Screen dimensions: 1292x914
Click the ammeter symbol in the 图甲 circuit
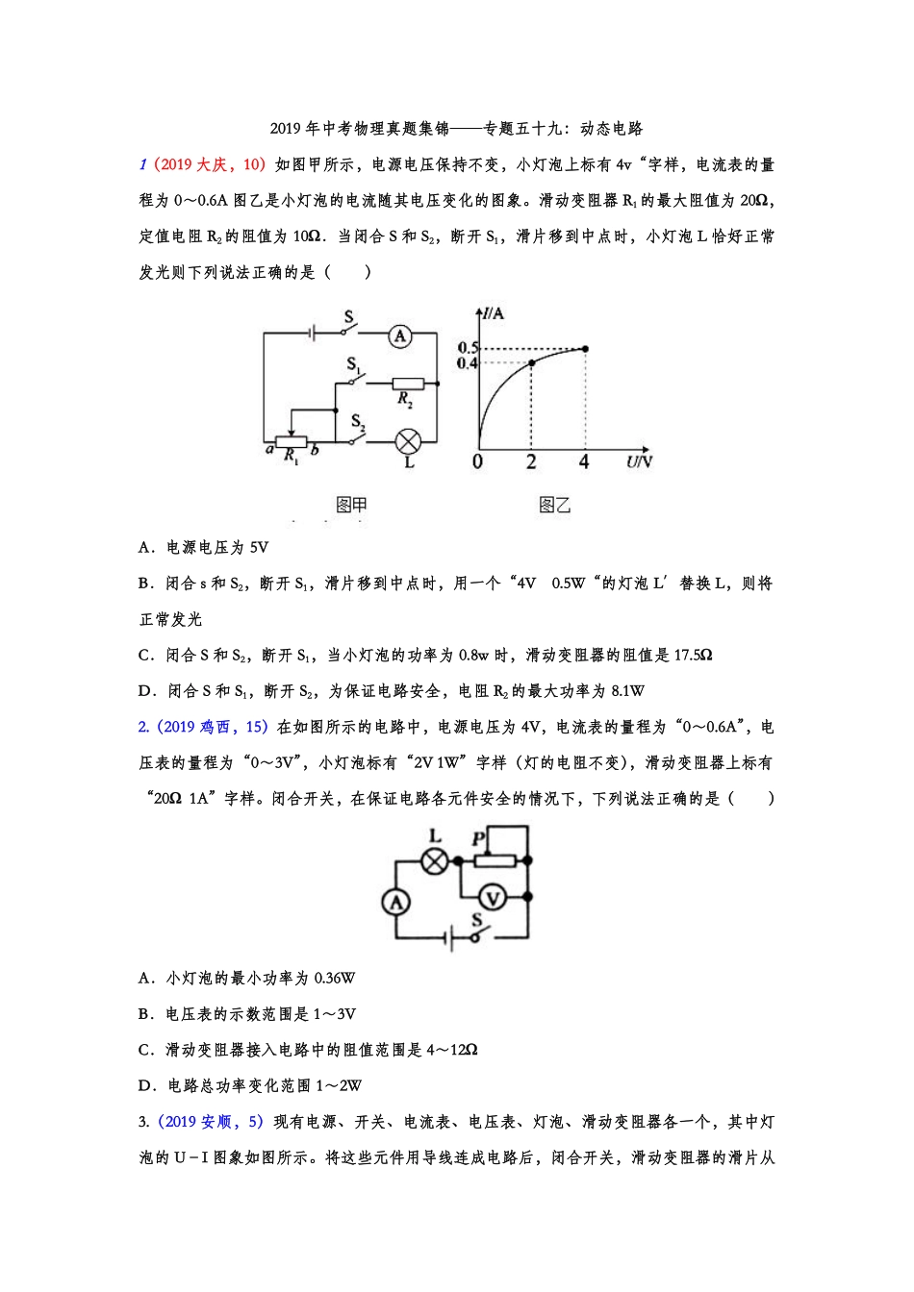pyautogui.click(x=400, y=335)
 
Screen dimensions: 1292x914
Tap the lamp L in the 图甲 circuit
pyautogui.click(x=409, y=442)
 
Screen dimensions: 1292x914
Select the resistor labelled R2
pyautogui.click(x=408, y=384)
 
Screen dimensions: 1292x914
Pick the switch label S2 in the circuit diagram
pyautogui.click(x=357, y=421)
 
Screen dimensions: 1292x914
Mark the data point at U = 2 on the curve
pyautogui.click(x=532, y=363)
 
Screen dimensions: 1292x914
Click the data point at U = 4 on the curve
pyautogui.click(x=585, y=348)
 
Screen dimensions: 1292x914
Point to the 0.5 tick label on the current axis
pyautogui.click(x=468, y=347)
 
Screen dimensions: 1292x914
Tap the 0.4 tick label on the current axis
pyautogui.click(x=468, y=363)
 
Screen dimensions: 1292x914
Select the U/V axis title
pyautogui.click(x=639, y=461)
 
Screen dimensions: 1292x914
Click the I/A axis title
pyautogui.click(x=494, y=313)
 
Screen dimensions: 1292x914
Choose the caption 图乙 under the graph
pyautogui.click(x=554, y=505)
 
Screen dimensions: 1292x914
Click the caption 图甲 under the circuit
pyautogui.click(x=351, y=505)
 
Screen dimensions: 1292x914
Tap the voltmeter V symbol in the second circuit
pyautogui.click(x=493, y=898)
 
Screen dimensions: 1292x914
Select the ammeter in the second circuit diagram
pyautogui.click(x=395, y=902)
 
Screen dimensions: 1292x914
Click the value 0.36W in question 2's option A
pyautogui.click(x=335, y=979)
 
